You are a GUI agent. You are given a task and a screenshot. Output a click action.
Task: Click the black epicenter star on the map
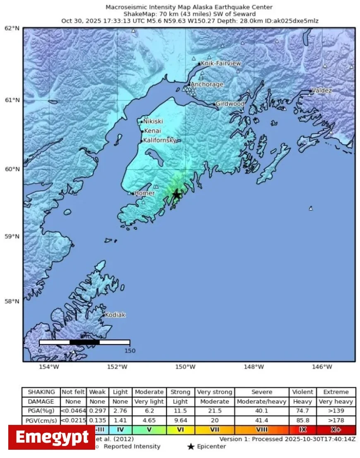[x=177, y=195]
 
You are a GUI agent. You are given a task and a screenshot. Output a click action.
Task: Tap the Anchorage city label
[x=206, y=84]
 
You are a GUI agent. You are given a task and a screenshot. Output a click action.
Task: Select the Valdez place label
[x=322, y=90]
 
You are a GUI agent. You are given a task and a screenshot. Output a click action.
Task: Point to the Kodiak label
[x=115, y=315]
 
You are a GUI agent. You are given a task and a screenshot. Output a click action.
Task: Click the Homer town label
[x=144, y=193]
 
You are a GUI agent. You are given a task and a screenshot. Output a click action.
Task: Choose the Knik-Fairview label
[x=221, y=63]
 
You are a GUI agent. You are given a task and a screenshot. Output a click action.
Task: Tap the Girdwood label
[x=230, y=104]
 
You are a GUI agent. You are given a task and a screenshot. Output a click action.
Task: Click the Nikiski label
[x=153, y=121]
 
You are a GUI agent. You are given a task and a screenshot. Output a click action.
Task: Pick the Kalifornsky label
[x=160, y=140]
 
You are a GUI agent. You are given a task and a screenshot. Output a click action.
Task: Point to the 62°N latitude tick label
[x=12, y=28]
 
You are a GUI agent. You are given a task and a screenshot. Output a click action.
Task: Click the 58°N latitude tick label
[x=12, y=301]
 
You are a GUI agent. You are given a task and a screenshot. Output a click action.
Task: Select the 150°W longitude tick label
[x=185, y=367]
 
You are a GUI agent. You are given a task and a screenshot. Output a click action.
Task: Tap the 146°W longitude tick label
[x=322, y=367]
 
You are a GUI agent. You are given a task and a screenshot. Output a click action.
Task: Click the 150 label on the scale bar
[x=130, y=351]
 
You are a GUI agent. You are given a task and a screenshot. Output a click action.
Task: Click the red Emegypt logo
[x=52, y=437]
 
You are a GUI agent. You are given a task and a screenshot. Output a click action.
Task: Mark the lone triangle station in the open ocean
[x=311, y=208]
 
